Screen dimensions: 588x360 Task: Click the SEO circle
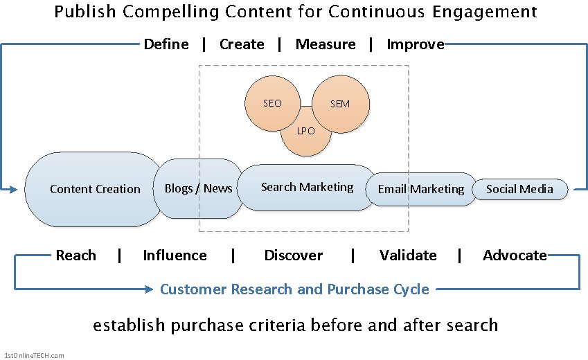pyautogui.click(x=273, y=104)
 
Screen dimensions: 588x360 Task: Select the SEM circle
pyautogui.click(x=341, y=104)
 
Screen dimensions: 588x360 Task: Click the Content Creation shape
pyautogui.click(x=93, y=190)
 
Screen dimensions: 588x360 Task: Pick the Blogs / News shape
pyautogui.click(x=198, y=188)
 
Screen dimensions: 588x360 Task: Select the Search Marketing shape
pyautogui.click(x=307, y=188)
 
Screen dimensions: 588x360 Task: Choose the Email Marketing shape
pyautogui.click(x=421, y=190)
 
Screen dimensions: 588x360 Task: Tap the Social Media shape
pyautogui.click(x=519, y=190)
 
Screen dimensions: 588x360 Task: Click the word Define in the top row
pyautogui.click(x=166, y=44)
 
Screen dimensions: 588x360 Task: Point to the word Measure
pyautogui.click(x=326, y=44)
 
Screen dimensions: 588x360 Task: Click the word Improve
pyautogui.click(x=416, y=44)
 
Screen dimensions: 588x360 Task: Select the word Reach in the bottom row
pyautogui.click(x=75, y=255)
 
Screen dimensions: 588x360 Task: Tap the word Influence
pyautogui.click(x=175, y=255)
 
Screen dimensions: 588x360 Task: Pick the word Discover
pyautogui.click(x=293, y=255)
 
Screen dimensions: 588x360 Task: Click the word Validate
pyautogui.click(x=408, y=255)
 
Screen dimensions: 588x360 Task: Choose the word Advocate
pyautogui.click(x=515, y=255)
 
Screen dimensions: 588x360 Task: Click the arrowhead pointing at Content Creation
pyautogui.click(x=13, y=190)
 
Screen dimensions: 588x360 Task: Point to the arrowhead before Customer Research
pyautogui.click(x=149, y=289)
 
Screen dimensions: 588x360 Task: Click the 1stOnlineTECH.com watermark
pyautogui.click(x=34, y=356)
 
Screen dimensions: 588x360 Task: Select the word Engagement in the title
pyautogui.click(x=485, y=12)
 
